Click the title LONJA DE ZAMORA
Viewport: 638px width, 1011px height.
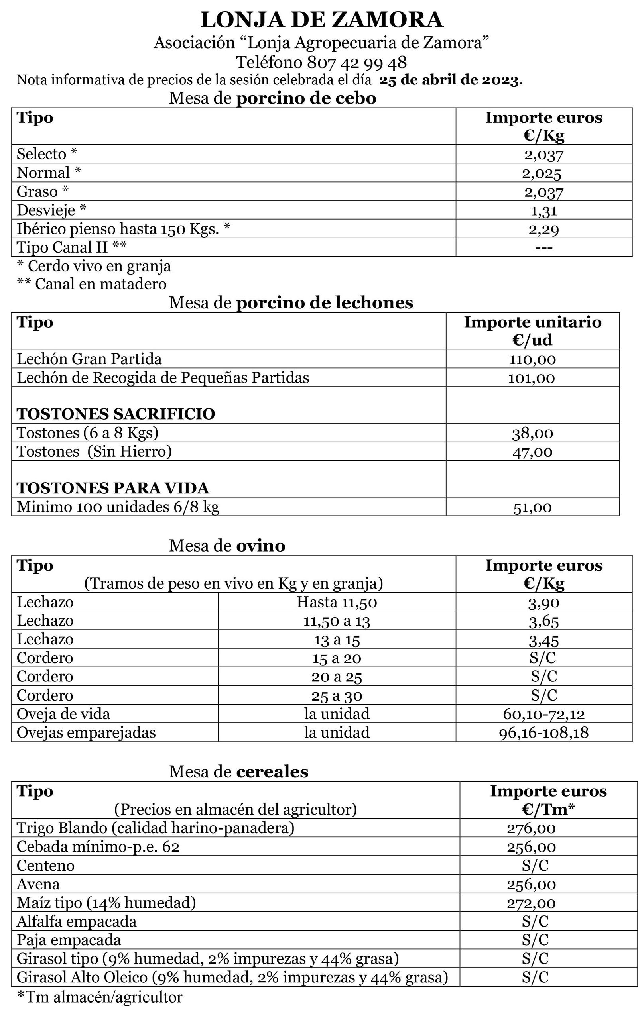pos(321,20)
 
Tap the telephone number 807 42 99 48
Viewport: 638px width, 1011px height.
pos(356,63)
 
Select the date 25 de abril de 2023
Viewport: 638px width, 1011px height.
pos(449,80)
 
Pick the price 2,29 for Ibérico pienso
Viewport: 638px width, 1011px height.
pos(543,229)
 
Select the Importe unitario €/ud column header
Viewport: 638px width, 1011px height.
pos(532,330)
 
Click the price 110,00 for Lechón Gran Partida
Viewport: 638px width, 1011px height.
pos(532,359)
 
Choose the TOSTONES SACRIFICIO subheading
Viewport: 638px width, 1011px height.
pos(116,414)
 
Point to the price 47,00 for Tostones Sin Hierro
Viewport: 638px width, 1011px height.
pos(532,452)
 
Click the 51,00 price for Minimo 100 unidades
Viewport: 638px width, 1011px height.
pos(532,508)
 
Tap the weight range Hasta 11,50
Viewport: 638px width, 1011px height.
pos(337,602)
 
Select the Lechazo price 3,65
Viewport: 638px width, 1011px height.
pos(543,621)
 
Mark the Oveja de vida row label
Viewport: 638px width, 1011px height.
pos(63,714)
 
